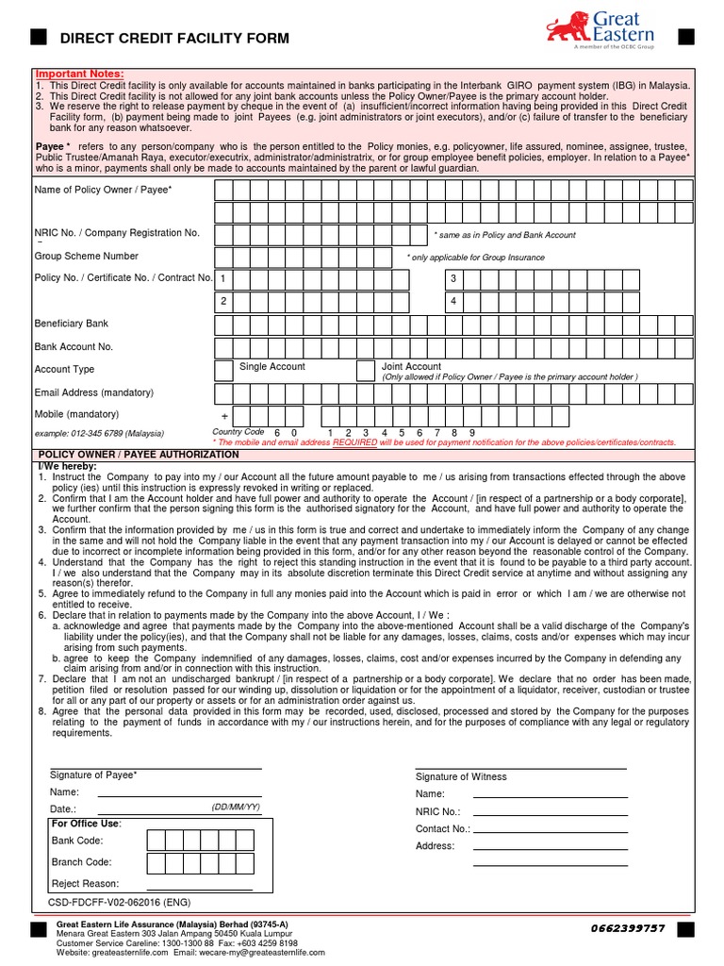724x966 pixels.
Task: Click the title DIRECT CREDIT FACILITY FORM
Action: (x=174, y=39)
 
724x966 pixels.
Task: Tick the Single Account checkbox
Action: (x=224, y=370)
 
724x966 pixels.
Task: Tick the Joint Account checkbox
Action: (x=366, y=370)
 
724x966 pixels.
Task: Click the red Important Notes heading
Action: (x=79, y=74)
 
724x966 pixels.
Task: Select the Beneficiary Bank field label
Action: (x=72, y=324)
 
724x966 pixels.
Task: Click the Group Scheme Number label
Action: (x=87, y=256)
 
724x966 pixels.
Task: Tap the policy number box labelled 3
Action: (x=453, y=279)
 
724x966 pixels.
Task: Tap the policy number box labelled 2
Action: (x=223, y=301)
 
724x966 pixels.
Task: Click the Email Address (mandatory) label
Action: (x=94, y=391)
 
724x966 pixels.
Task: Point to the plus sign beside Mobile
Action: (x=224, y=417)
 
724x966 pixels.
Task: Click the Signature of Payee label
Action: (x=93, y=774)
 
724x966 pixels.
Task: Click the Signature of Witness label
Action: (x=461, y=776)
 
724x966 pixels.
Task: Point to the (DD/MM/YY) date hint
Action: (x=236, y=808)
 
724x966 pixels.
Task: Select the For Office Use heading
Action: (x=86, y=824)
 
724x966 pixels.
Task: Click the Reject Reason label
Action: (x=85, y=884)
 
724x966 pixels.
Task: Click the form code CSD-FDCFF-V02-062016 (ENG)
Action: (x=118, y=903)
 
